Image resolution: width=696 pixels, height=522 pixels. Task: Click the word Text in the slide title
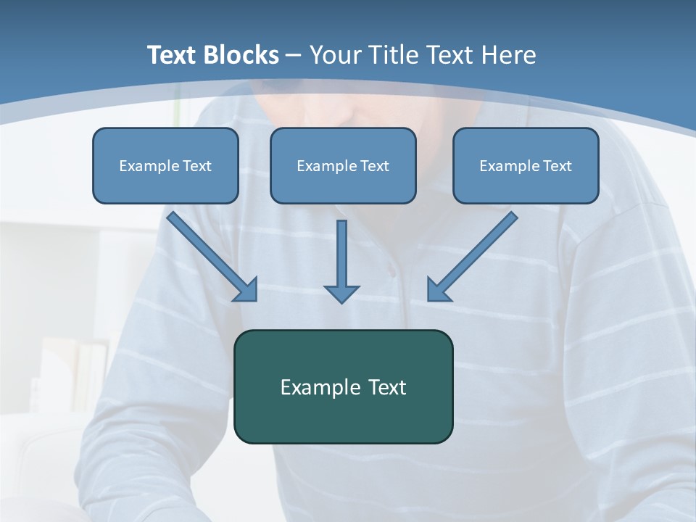click(173, 55)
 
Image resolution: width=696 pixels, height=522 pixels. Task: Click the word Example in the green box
click(320, 388)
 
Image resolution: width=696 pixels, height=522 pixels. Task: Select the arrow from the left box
click(210, 254)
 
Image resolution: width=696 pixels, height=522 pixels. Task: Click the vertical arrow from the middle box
click(341, 257)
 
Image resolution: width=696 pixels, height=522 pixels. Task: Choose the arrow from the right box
click(475, 254)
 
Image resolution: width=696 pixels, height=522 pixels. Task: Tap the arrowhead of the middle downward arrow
click(341, 293)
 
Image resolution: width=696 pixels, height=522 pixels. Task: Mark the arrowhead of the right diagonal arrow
click(438, 290)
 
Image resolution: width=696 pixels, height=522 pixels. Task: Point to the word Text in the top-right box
click(556, 166)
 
